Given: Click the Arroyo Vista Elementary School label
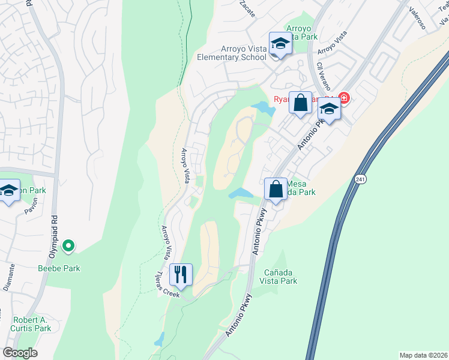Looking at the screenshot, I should point(232,58).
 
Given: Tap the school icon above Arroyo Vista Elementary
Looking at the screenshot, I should point(280,44).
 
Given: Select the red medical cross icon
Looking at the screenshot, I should point(344,97).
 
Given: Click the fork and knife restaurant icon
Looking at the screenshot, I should point(181,275).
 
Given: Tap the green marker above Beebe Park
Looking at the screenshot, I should point(68,245).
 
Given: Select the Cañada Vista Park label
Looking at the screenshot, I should point(279,277).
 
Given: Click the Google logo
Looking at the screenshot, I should point(20,353).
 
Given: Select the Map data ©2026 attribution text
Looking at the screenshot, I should point(423,355).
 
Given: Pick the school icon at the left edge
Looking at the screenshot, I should point(8,193).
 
